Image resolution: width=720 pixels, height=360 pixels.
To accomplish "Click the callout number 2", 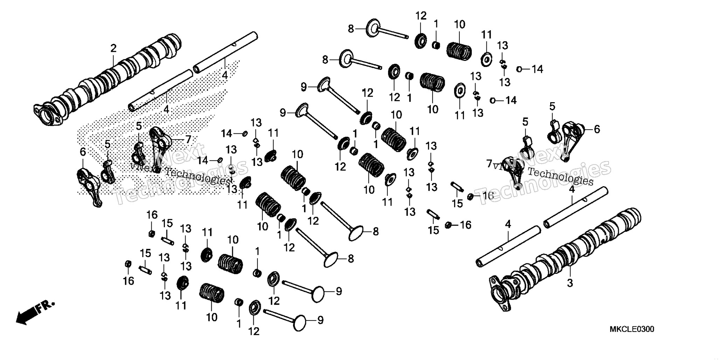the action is (113, 48).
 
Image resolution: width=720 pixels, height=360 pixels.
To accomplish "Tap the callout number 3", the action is (570, 283).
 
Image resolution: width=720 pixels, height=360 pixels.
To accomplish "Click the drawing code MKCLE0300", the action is (632, 330).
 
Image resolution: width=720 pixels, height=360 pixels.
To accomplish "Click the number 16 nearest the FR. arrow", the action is (129, 281).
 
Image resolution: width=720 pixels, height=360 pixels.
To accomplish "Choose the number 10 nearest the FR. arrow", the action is (212, 317).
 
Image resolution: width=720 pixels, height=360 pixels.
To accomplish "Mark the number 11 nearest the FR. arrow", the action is (181, 305).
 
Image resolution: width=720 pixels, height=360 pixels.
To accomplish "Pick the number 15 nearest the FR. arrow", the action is (145, 253).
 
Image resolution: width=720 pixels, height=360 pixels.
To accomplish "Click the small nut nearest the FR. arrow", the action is (128, 264).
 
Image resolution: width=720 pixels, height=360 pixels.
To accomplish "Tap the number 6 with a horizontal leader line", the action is (597, 129).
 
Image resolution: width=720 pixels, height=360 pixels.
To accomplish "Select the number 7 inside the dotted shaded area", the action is (188, 140).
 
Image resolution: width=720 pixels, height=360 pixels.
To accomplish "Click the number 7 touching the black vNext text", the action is (489, 164).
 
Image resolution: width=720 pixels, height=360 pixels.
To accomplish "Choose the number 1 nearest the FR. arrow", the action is (239, 324).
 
